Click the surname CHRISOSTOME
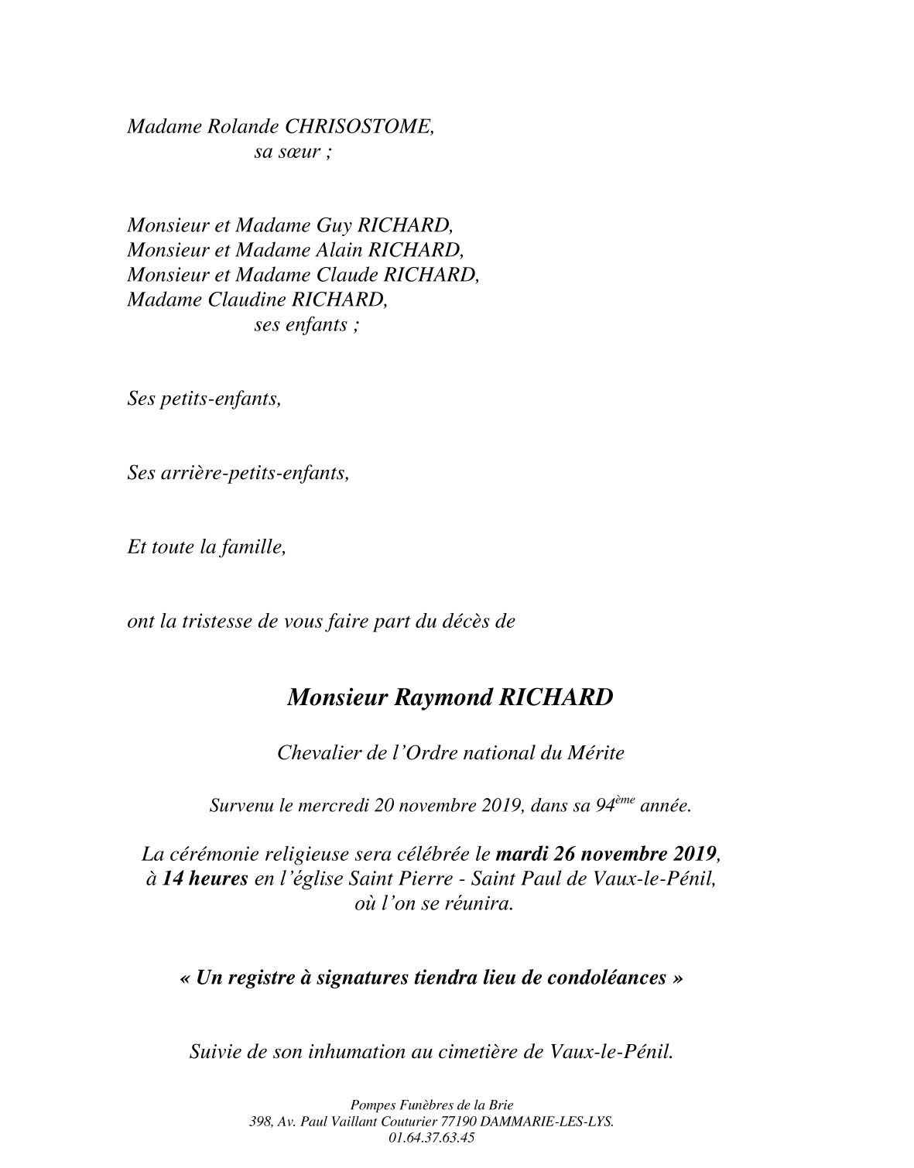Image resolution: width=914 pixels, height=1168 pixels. coord(359,125)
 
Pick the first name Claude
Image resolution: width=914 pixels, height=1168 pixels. coord(347,275)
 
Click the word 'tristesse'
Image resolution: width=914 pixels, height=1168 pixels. coord(220,621)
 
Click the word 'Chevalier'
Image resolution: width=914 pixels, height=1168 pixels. coord(313,752)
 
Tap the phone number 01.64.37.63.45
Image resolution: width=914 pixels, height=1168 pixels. coord(432,1138)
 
